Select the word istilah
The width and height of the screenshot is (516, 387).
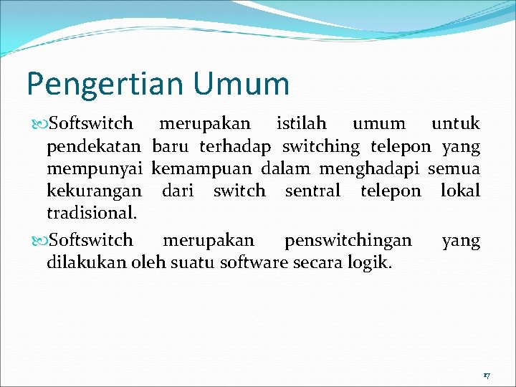coord(301,124)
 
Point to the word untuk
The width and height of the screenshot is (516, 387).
coord(455,124)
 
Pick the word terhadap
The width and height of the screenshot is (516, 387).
coord(235,147)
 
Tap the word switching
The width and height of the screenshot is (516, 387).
coord(321,147)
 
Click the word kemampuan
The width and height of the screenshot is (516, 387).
coord(202,170)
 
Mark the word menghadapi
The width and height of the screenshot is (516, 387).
coord(370,169)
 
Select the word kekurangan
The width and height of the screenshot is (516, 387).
coord(95,191)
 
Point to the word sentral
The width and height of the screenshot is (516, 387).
coord(312,191)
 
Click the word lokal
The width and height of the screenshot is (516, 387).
coord(460,191)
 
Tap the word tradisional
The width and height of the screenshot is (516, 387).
coord(91,214)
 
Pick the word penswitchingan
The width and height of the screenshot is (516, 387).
coord(348,240)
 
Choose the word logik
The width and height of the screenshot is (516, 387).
coord(369,263)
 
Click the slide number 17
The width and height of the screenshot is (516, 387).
coord(486,376)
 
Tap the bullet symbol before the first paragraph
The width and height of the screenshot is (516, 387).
coord(39,125)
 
